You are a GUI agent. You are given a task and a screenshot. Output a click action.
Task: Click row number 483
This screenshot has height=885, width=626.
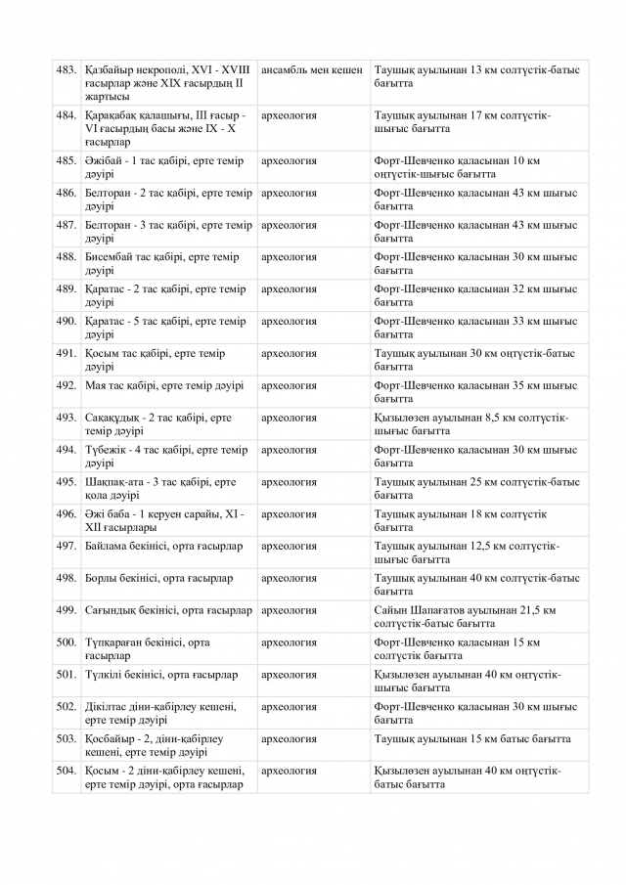pos(67,70)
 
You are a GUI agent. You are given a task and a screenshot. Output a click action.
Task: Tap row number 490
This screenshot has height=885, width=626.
pos(67,322)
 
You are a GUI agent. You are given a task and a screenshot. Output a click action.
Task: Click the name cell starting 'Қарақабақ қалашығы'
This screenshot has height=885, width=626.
pos(167,128)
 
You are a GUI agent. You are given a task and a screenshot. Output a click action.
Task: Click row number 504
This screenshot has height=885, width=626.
pos(67,772)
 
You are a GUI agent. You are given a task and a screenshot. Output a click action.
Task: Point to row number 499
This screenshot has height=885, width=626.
pos(67,610)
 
